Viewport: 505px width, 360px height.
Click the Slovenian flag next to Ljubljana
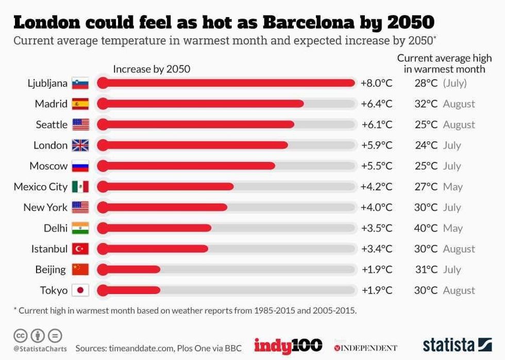pos(80,84)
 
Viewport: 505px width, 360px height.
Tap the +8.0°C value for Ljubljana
pos(376,83)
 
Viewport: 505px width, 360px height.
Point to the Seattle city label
pos(52,124)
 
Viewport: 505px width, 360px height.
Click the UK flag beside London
pos(80,145)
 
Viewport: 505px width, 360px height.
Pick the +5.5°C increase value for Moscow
pos(376,166)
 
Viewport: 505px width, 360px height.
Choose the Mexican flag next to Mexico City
pos(80,187)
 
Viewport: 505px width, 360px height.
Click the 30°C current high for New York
pos(426,207)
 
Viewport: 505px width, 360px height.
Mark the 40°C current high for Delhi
pos(426,228)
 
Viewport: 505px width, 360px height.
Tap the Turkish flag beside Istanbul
pos(80,249)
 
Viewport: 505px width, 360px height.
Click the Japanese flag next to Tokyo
pos(80,290)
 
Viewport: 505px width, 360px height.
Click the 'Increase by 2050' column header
pos(151,69)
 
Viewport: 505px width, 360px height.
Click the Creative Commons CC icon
pos(21,335)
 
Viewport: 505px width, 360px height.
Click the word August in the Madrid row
pos(459,104)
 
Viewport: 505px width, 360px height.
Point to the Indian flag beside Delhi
pos(80,228)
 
